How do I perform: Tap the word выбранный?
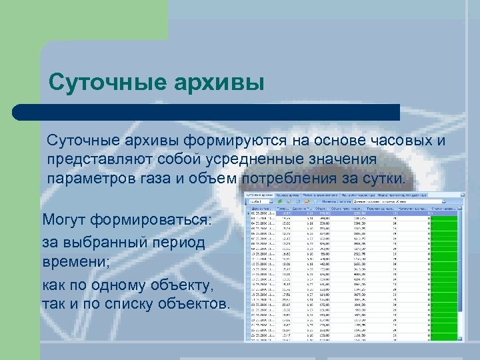tap(104, 242)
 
